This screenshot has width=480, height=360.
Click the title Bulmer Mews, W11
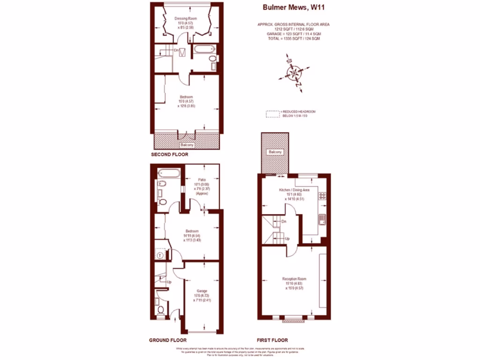click(x=287, y=7)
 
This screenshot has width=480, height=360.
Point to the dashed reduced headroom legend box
click(x=272, y=114)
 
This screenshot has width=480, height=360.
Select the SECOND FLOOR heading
click(x=169, y=154)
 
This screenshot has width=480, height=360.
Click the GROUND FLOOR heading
click(x=168, y=340)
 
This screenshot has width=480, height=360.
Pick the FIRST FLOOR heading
click(x=272, y=340)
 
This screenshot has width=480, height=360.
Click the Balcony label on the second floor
click(x=187, y=145)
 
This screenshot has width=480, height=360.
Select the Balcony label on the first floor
click(x=275, y=152)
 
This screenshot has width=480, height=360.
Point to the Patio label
click(x=202, y=180)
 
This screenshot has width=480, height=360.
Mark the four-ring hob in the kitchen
click(x=322, y=195)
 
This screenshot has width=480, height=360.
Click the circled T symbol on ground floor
click(x=161, y=255)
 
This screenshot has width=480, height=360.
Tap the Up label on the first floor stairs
click(x=287, y=239)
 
